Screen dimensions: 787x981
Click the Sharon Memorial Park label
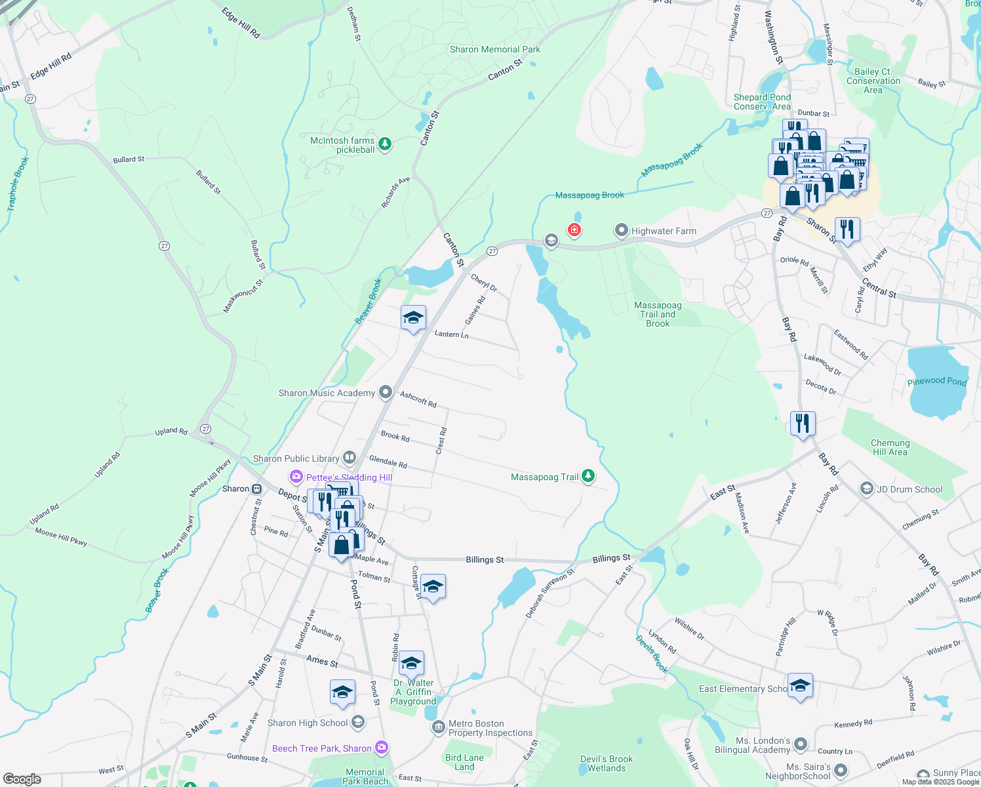point(495,49)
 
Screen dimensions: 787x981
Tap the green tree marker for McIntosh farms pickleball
point(385,143)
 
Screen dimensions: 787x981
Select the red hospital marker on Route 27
point(574,230)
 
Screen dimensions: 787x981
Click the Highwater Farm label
point(664,231)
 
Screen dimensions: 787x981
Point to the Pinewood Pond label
point(937,381)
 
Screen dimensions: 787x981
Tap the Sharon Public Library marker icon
point(350,458)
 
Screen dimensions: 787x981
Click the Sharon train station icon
point(257,489)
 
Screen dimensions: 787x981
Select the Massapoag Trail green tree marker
point(588,476)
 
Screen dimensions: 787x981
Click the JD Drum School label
point(910,489)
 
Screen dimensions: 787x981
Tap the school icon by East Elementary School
point(800,686)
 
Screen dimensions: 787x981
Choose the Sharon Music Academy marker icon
point(386,392)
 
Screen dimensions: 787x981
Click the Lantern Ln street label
point(451,334)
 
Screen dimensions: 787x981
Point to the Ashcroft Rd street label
point(418,399)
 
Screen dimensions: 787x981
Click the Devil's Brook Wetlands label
point(607,763)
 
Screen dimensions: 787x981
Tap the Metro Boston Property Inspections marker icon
point(438,727)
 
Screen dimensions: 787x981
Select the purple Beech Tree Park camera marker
point(382,748)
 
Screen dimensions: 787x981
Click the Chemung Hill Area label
point(890,447)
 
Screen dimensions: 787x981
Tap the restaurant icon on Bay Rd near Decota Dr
point(803,424)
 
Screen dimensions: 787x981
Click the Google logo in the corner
point(22,779)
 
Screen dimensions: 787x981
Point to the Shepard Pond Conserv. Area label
point(762,102)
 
